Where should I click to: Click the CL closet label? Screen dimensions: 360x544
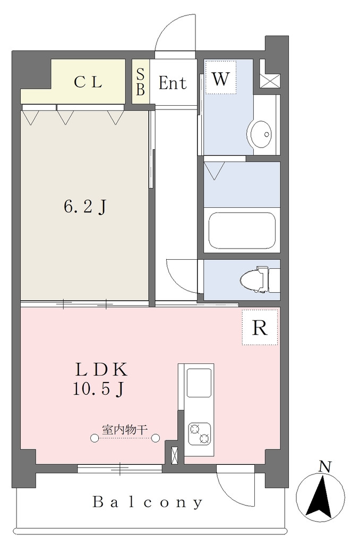(88, 82)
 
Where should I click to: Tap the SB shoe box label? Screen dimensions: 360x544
(140, 82)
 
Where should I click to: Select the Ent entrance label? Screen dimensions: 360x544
(173, 83)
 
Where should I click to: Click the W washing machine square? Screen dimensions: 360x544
(220, 78)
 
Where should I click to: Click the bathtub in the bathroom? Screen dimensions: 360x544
(242, 231)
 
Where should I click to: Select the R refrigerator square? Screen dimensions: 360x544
(260, 327)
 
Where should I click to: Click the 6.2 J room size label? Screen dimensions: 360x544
(85, 208)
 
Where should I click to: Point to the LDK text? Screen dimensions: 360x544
(101, 370)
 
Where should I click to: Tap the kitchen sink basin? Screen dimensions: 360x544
(199, 382)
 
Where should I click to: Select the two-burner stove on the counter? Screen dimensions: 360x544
(200, 433)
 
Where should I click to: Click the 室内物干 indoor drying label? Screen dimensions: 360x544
(124, 430)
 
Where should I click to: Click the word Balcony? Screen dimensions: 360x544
(148, 502)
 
